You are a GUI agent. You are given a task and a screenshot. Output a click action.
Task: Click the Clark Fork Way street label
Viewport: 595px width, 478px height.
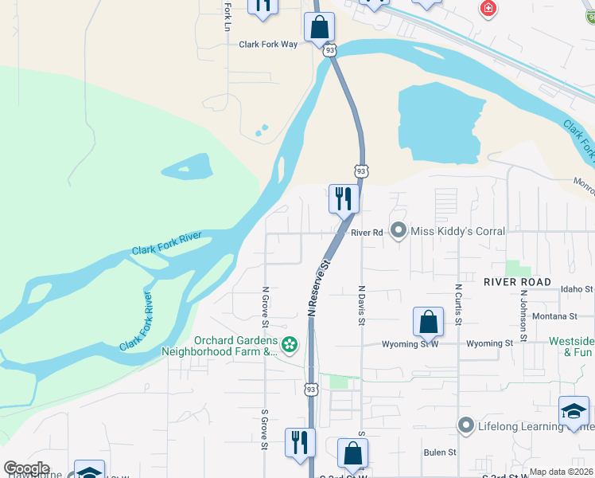click(x=268, y=45)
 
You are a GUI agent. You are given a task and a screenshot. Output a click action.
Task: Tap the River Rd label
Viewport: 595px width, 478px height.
click(x=367, y=233)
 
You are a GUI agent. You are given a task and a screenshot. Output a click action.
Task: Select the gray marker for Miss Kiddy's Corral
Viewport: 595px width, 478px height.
click(x=399, y=231)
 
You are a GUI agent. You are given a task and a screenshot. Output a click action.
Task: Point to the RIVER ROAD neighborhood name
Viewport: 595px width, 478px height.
click(x=517, y=282)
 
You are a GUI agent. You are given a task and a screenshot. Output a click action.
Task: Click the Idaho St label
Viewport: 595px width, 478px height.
click(x=577, y=288)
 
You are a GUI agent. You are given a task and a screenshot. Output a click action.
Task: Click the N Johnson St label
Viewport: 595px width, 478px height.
click(x=523, y=315)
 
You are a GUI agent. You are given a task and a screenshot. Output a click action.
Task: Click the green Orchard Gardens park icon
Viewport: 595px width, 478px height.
click(x=290, y=344)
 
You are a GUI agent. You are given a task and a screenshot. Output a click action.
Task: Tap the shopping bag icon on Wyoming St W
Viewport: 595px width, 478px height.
click(x=428, y=321)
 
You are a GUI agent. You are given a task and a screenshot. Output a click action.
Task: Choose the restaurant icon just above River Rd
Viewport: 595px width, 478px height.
click(x=344, y=198)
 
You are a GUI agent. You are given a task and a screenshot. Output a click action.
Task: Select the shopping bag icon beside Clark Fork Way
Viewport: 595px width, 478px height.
click(x=318, y=26)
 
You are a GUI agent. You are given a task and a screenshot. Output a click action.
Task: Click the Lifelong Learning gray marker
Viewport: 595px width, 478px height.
click(x=466, y=426)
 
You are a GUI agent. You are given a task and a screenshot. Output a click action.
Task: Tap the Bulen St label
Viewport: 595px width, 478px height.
click(x=440, y=453)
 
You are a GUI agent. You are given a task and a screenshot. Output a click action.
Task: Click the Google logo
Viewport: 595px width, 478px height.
click(x=26, y=468)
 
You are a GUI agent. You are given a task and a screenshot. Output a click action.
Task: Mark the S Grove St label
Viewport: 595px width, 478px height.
click(x=264, y=430)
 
